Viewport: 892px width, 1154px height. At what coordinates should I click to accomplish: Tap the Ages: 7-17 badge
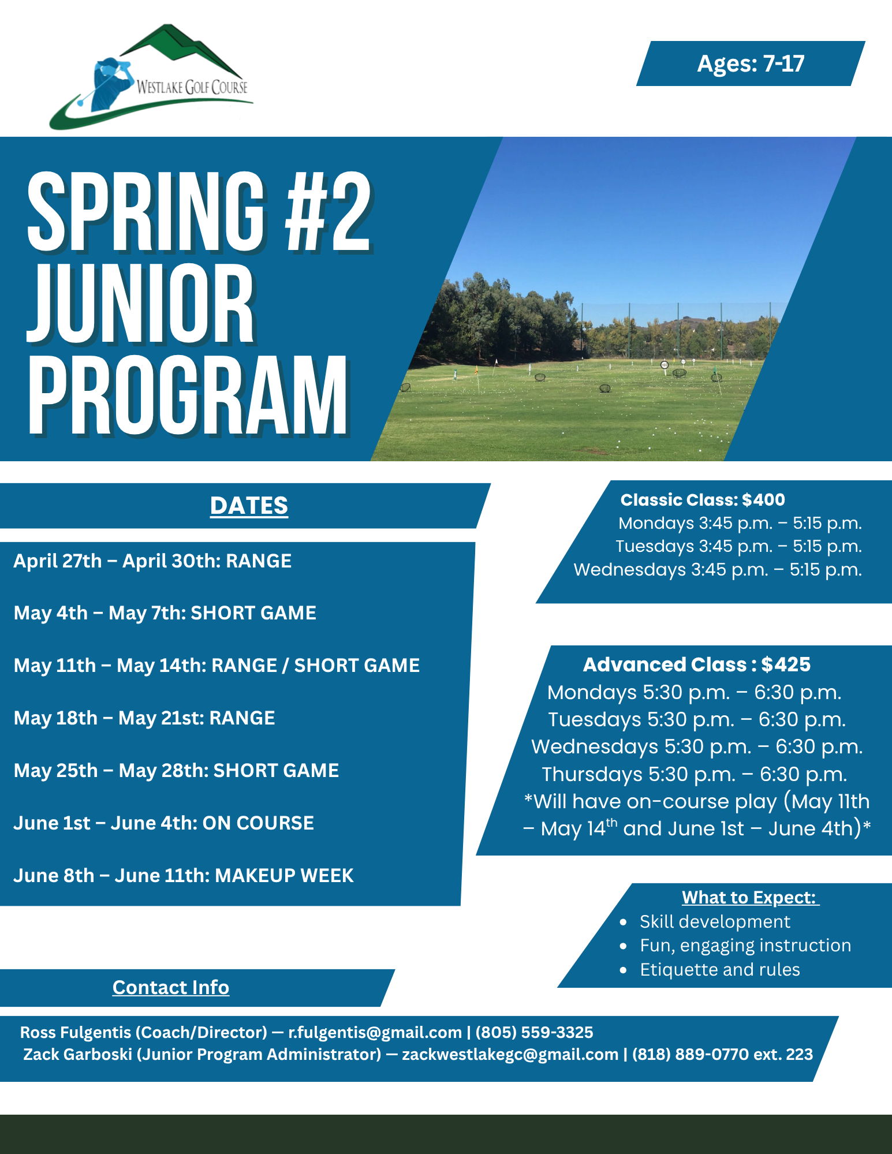pyautogui.click(x=751, y=64)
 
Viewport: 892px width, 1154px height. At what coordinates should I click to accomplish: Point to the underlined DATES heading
pyautogui.click(x=249, y=506)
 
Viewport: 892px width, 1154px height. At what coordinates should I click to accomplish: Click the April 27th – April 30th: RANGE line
pyautogui.click(x=152, y=561)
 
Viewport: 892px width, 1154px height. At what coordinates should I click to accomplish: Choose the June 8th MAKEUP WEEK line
pyautogui.click(x=184, y=876)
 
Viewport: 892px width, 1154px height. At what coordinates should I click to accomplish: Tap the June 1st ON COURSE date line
pyautogui.click(x=164, y=823)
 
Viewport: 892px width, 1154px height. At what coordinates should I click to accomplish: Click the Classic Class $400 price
pyautogui.click(x=763, y=500)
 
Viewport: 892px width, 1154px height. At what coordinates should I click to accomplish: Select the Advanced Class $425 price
pyautogui.click(x=786, y=664)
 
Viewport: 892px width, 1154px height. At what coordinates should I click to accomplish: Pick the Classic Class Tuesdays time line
pyautogui.click(x=738, y=546)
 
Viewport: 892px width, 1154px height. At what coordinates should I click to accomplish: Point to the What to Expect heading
pyautogui.click(x=750, y=898)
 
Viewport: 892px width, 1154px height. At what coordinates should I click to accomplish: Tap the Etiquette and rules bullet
pyautogui.click(x=720, y=970)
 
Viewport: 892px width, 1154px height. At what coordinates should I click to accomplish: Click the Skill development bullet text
pyautogui.click(x=715, y=922)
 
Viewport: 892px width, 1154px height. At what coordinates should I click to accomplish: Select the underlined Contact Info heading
pyautogui.click(x=171, y=988)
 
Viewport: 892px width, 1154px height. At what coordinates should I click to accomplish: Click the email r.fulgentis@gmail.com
pyautogui.click(x=375, y=1032)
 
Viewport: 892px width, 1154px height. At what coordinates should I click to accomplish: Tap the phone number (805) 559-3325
pyautogui.click(x=534, y=1032)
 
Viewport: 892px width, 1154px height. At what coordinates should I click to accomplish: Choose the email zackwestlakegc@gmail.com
pyautogui.click(x=510, y=1055)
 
